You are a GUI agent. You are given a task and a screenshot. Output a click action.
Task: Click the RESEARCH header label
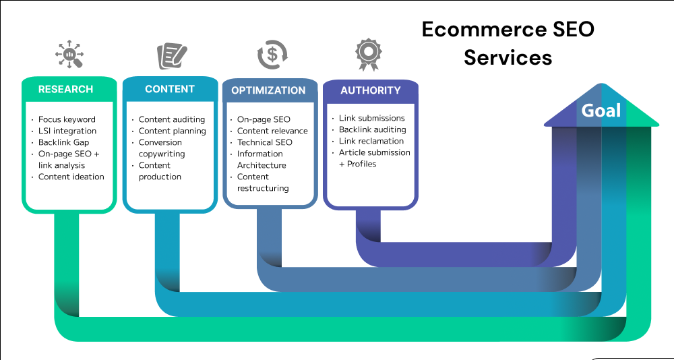65,89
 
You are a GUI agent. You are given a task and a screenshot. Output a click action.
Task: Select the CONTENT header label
169,89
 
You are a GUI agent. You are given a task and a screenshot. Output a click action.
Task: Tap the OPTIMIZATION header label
268,90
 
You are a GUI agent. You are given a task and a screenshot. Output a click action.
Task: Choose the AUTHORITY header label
370,90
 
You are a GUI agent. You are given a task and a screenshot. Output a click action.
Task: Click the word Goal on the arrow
601,111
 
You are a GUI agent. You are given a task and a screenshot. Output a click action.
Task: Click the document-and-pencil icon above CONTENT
172,56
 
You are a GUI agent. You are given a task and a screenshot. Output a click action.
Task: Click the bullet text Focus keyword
67,119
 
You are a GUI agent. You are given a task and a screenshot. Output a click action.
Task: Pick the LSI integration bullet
67,131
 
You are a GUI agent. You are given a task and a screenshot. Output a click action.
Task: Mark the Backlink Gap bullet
63,142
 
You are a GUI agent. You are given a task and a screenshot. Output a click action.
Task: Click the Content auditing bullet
171,119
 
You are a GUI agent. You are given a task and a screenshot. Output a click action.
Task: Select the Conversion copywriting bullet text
162,148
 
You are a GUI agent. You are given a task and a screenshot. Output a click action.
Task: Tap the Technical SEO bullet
264,142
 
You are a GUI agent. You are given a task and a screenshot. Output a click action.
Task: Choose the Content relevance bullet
272,131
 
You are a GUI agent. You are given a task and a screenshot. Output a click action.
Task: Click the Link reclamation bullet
371,141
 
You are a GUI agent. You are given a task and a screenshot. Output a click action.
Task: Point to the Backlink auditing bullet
372,129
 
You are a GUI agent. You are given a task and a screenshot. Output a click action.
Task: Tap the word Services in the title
508,57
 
